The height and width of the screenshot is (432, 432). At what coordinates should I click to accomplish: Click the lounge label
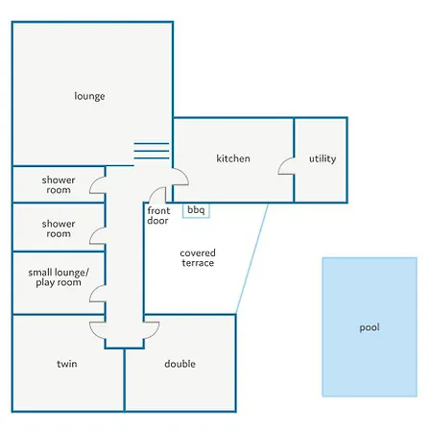[89, 96]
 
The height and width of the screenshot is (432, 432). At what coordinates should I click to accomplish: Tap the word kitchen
[233, 158]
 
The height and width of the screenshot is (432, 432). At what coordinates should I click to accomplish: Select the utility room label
[323, 158]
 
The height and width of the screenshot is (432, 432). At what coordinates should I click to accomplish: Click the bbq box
[196, 210]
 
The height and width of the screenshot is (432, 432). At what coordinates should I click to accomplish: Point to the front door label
[158, 216]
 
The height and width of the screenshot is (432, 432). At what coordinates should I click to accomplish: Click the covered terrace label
[198, 258]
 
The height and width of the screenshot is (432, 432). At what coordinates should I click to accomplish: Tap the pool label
[370, 327]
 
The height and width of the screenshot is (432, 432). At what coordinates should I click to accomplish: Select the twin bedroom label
[67, 364]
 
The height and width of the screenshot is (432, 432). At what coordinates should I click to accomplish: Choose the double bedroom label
[180, 364]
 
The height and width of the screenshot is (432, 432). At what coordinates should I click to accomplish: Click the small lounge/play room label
[59, 277]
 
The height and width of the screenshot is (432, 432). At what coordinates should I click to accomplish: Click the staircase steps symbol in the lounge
[152, 151]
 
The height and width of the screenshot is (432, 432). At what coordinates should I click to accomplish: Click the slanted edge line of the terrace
[252, 258]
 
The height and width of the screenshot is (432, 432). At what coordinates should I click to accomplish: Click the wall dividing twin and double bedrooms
[125, 380]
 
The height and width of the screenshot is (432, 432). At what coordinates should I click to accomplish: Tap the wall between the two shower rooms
[59, 203]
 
